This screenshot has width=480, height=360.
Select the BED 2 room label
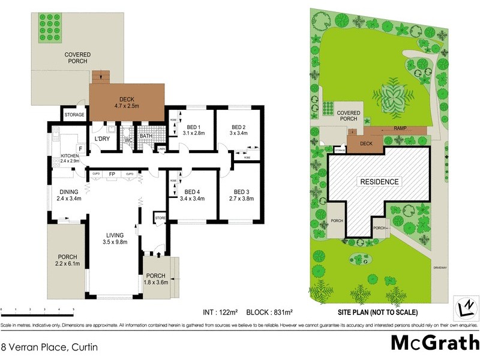click(x=238, y=127)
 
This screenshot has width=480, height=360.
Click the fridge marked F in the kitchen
click(x=80, y=148)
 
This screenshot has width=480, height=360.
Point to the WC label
click(x=128, y=141)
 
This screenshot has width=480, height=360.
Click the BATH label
click(x=146, y=136)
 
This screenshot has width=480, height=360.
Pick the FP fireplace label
click(x=112, y=174)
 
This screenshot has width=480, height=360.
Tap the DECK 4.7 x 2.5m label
click(x=127, y=103)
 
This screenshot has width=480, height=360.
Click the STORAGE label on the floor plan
click(x=74, y=115)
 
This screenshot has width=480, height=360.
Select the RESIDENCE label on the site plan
click(x=379, y=181)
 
